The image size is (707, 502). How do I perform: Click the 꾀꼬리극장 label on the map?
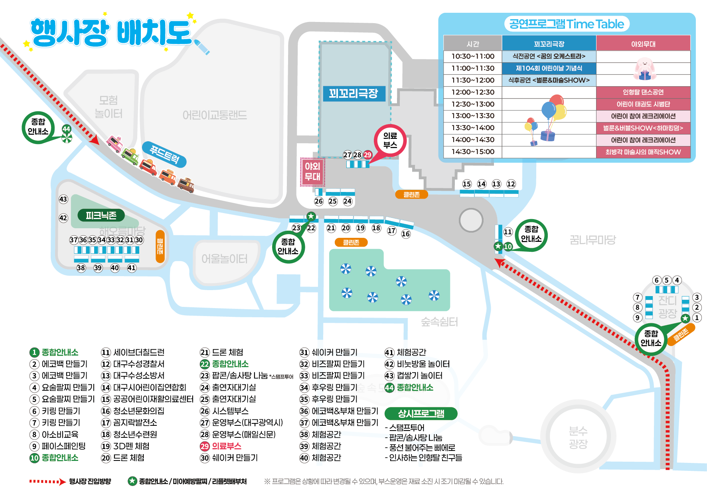click(353, 94)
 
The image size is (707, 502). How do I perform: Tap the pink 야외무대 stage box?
click(312, 172)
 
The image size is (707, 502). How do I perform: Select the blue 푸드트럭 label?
click(164, 154)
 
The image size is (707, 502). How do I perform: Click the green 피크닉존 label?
click(101, 215)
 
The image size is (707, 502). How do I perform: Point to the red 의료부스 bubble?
click(390, 140)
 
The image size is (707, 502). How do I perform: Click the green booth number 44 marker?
click(66, 129)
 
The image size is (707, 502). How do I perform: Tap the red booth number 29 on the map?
click(367, 155)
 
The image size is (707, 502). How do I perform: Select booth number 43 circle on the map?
click(63, 199)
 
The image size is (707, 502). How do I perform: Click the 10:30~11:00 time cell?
click(473, 56)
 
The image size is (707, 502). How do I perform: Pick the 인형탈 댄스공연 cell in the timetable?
click(643, 92)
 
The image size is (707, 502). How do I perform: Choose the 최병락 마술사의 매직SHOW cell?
click(643, 152)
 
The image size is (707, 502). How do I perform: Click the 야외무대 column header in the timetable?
click(643, 44)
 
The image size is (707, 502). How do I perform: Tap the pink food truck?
click(115, 143)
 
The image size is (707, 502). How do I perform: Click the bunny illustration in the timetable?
click(644, 68)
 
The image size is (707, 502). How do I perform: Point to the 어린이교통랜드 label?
click(215, 115)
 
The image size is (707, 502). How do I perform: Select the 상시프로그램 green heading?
click(421, 413)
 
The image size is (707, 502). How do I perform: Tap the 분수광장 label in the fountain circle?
click(578, 437)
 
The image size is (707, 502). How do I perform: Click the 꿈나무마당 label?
click(592, 240)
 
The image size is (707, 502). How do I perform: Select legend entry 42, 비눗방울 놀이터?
click(417, 364)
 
